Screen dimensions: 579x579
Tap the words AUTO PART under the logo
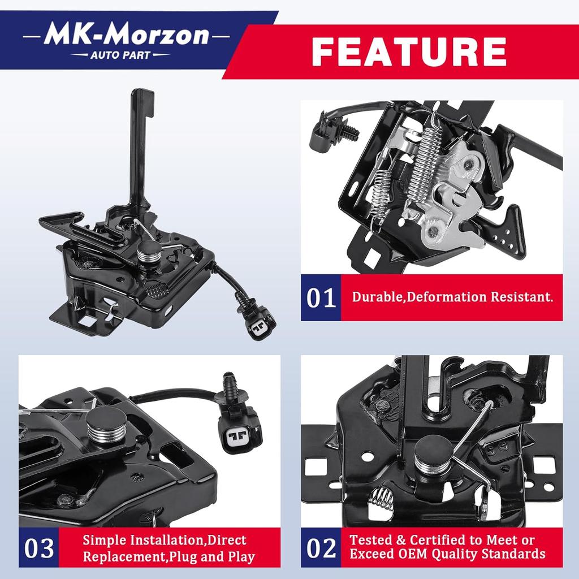(x=120, y=55)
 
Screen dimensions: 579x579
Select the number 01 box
(x=321, y=297)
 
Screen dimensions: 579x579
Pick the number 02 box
(x=321, y=547)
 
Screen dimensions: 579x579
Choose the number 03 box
(x=39, y=547)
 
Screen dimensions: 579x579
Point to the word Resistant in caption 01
(x=522, y=297)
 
